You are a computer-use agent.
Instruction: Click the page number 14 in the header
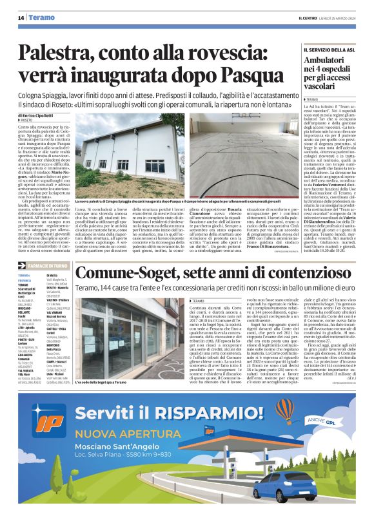point(21,17)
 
